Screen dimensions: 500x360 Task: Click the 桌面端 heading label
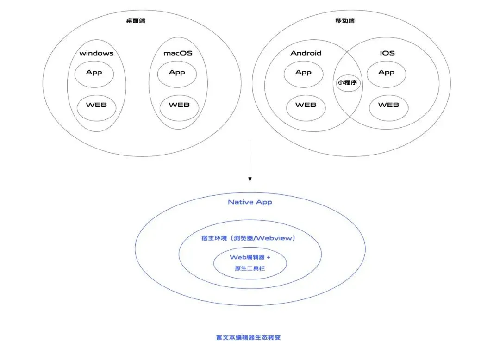tap(136, 21)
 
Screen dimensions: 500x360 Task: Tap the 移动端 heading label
tap(345, 21)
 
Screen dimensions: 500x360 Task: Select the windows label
tap(96, 53)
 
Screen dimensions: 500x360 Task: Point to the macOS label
tap(178, 53)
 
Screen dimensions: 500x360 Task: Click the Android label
tap(306, 53)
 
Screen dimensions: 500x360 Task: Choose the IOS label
tap(387, 53)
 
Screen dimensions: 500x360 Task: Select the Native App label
tap(250, 202)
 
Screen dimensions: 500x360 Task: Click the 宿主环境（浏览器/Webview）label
tap(249, 238)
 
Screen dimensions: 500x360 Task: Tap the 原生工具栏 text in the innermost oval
tap(250, 268)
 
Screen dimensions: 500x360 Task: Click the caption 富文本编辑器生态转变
tap(249, 338)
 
